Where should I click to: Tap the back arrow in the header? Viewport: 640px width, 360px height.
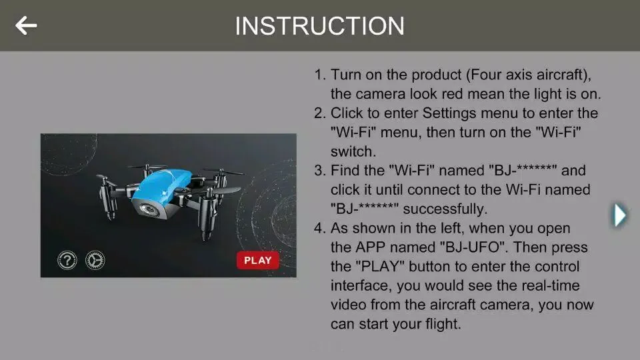(26, 25)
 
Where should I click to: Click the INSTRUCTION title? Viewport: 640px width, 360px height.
(319, 26)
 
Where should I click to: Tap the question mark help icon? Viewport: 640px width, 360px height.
(67, 260)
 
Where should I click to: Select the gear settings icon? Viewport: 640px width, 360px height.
(95, 260)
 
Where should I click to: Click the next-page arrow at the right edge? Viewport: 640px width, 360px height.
(619, 215)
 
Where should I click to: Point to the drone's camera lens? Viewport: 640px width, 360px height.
(149, 209)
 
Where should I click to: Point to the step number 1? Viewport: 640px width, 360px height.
(319, 75)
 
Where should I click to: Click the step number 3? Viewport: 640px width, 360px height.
(319, 170)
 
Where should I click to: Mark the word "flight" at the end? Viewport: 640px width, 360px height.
(441, 324)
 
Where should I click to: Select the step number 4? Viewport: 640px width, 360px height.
(319, 228)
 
